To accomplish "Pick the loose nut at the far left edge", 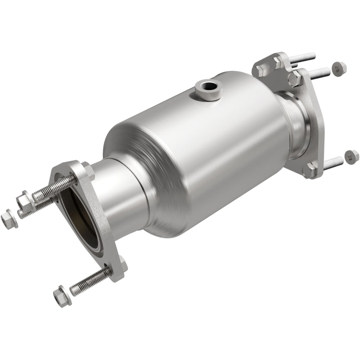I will [x=8, y=219].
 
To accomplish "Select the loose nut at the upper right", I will [x=338, y=68].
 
